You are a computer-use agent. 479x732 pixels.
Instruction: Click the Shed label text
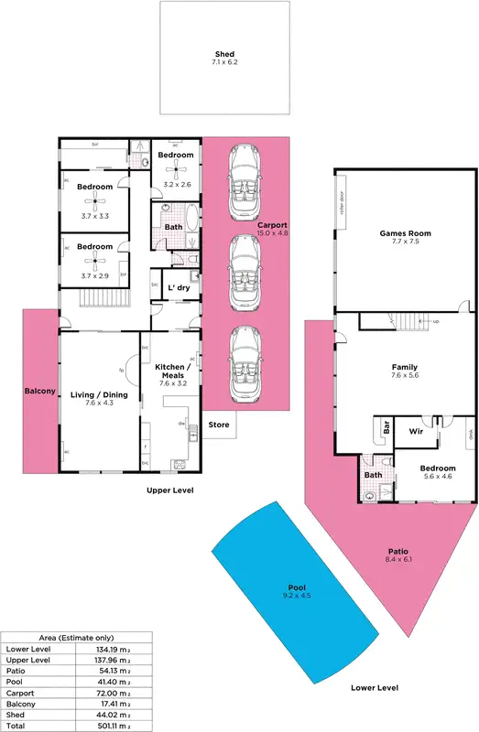(224, 55)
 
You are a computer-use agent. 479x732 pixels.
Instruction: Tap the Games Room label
(405, 233)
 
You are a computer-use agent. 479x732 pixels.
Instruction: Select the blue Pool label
(297, 587)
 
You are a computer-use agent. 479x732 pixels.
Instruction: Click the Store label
(218, 424)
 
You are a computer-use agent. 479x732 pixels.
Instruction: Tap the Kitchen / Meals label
(172, 370)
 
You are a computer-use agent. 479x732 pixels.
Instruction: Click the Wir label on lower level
(415, 430)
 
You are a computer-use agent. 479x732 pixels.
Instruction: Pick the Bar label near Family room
(386, 427)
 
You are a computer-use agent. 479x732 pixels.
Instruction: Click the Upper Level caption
(169, 490)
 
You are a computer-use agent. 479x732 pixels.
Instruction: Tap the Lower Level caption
(376, 687)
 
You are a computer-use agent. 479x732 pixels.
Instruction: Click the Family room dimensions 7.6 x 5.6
(404, 375)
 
